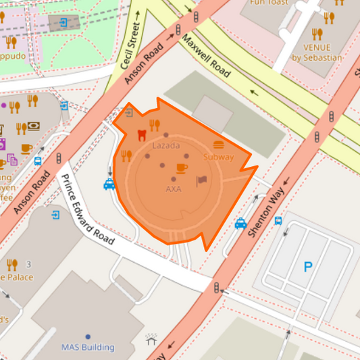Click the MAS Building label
click(88, 347)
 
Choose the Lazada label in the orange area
click(166, 146)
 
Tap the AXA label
click(174, 189)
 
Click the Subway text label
click(218, 157)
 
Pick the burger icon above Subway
click(218, 145)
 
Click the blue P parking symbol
click(308, 267)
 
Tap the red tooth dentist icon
click(141, 134)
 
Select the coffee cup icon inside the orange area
click(181, 168)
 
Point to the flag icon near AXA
click(201, 180)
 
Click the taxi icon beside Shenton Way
click(240, 224)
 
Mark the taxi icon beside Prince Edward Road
click(109, 184)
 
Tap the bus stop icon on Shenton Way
click(278, 220)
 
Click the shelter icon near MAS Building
click(151, 339)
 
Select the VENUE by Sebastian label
click(317, 53)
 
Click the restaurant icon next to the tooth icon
click(155, 124)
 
